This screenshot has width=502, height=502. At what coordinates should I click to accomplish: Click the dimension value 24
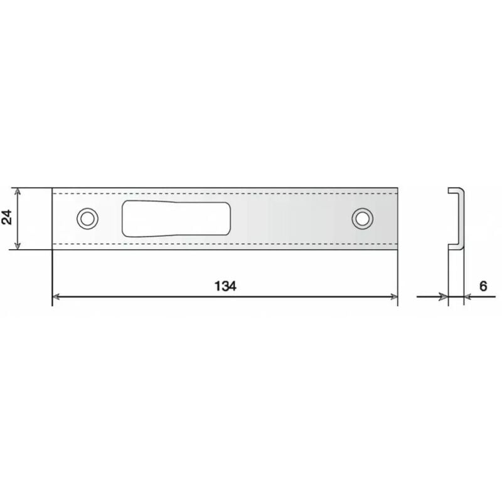(8, 218)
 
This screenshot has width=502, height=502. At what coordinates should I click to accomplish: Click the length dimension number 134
(224, 286)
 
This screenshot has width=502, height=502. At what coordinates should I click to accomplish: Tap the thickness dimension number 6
(483, 286)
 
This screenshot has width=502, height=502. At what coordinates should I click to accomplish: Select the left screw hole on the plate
(87, 218)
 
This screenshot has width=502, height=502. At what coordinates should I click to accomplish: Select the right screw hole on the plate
(361, 218)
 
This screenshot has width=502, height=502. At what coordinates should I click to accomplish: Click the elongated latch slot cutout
(176, 218)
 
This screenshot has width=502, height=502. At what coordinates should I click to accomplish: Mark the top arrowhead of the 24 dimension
(19, 191)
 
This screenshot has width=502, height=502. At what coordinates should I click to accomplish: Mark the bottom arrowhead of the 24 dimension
(19, 246)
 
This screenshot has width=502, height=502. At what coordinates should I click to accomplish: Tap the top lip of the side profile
(456, 189)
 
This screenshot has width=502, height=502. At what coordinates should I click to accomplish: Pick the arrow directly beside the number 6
(469, 296)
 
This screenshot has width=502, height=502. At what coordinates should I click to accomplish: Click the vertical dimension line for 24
(19, 218)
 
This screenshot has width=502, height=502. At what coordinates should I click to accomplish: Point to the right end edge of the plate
(398, 218)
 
